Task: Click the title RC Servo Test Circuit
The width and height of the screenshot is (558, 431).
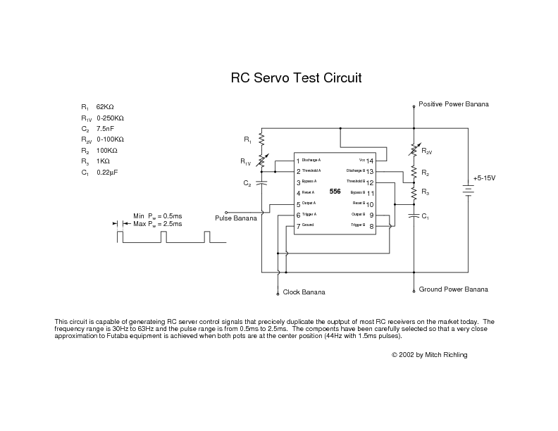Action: (x=296, y=78)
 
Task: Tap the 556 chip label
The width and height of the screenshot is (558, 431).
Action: (x=335, y=192)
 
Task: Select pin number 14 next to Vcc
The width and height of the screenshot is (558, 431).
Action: (x=370, y=161)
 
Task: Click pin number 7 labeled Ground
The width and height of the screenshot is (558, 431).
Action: (x=299, y=226)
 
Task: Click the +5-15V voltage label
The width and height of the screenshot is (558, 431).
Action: (x=484, y=178)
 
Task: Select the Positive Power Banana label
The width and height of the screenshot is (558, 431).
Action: (x=453, y=104)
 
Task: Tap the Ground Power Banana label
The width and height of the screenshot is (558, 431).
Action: (x=453, y=289)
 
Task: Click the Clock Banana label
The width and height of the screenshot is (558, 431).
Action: (x=304, y=292)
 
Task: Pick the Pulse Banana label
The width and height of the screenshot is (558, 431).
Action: (x=236, y=218)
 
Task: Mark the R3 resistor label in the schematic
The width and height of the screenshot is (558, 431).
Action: (x=425, y=192)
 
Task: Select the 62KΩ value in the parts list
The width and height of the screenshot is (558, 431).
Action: (x=105, y=106)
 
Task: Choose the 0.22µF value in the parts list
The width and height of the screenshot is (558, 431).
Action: (x=106, y=172)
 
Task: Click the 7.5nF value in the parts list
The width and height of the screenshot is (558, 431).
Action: (x=105, y=129)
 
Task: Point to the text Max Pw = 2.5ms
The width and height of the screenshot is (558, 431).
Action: (x=157, y=223)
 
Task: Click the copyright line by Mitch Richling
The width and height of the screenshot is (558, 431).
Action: (x=429, y=355)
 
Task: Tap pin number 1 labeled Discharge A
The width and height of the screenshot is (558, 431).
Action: (x=299, y=161)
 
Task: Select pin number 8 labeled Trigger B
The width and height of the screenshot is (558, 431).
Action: (x=371, y=226)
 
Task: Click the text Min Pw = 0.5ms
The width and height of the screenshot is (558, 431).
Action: (x=157, y=216)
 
